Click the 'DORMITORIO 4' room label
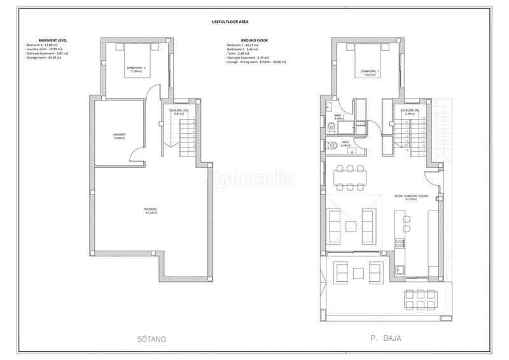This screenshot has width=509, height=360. click(136, 68)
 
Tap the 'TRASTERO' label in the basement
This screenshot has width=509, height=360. click(150, 209)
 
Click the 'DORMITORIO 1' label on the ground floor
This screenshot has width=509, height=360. click(369, 71)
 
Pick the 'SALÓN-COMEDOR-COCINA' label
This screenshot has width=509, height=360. click(405, 197)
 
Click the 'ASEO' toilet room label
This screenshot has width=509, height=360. click(345, 142)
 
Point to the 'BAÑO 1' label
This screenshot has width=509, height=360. click(338, 115)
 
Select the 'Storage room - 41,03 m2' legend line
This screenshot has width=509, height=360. click(46, 58)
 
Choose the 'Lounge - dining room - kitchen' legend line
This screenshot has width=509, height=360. click(256, 62)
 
